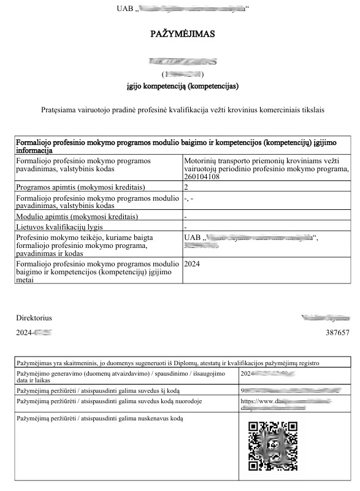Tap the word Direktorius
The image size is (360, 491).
point(34,318)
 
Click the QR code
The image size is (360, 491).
point(272,446)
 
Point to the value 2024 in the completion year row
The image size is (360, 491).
point(193,263)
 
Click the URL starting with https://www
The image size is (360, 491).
point(264,401)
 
